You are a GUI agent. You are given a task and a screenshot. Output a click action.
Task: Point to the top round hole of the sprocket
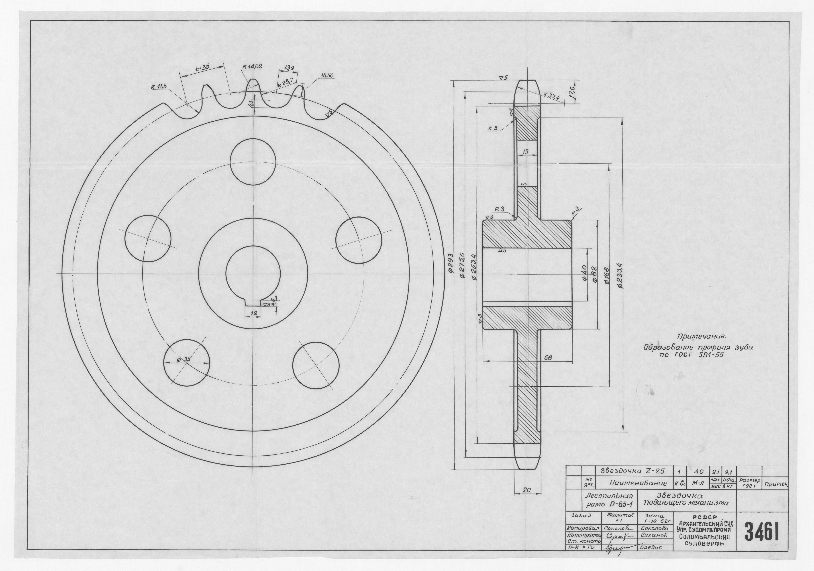click(x=253, y=161)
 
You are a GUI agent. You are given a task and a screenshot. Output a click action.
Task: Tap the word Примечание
click(x=697, y=336)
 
